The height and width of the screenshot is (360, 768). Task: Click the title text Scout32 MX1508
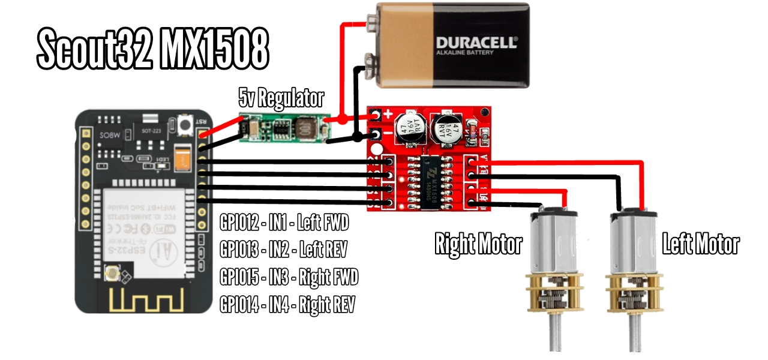click(x=152, y=49)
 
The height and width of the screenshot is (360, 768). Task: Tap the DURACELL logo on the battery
click(x=476, y=43)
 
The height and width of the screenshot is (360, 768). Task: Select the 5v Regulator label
click(x=281, y=97)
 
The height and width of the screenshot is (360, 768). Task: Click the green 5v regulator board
click(x=281, y=128)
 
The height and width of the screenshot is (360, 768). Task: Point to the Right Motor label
click(x=478, y=244)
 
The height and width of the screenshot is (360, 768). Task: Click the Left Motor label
click(x=700, y=244)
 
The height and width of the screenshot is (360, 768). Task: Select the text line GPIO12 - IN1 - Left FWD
click(x=284, y=224)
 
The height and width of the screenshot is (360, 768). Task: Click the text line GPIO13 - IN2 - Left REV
click(x=283, y=250)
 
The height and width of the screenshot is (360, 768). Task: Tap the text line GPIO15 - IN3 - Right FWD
click(x=289, y=277)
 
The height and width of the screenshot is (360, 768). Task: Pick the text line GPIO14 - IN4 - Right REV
click(x=287, y=305)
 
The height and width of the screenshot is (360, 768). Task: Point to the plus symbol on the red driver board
click(x=388, y=113)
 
